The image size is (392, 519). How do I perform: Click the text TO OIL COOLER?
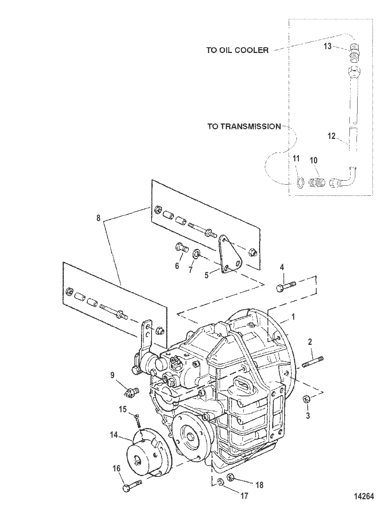tap(237, 50)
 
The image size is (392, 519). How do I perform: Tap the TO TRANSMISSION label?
tap(244, 127)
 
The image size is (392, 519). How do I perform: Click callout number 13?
tap(327, 46)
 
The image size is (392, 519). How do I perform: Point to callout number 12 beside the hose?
tap(332, 136)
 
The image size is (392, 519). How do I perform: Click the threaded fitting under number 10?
tap(317, 182)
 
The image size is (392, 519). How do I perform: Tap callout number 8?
tap(99, 218)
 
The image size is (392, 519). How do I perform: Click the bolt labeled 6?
tap(182, 248)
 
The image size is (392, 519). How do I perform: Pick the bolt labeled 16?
tap(132, 485)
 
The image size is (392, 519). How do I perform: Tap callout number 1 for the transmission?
tap(293, 317)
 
